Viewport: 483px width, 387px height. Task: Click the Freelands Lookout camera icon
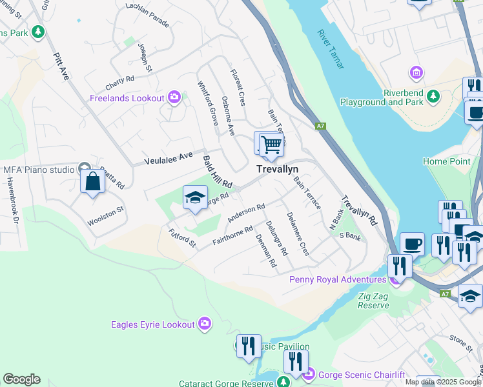pyautogui.click(x=174, y=97)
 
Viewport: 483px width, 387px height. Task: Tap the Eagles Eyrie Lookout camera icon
pyautogui.click(x=205, y=324)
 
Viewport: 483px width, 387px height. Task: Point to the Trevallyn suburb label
pyautogui.click(x=282, y=168)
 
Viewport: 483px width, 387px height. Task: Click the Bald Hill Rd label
pyautogui.click(x=218, y=172)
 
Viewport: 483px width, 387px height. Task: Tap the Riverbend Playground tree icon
pyautogui.click(x=432, y=97)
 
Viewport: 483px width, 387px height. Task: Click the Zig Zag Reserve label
pyautogui.click(x=374, y=301)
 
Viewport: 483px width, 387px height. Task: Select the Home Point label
pyautogui.click(x=447, y=161)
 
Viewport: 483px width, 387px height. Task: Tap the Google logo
pyautogui.click(x=21, y=379)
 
